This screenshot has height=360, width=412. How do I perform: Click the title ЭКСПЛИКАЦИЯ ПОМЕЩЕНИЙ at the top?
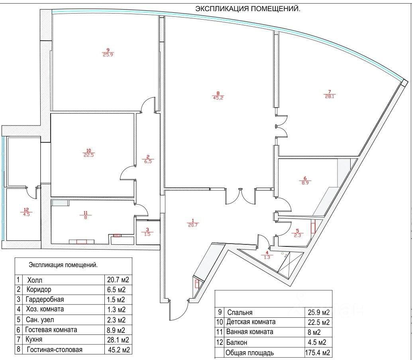pyautogui.click(x=248, y=9)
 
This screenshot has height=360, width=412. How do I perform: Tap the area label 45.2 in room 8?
pyautogui.click(x=218, y=98)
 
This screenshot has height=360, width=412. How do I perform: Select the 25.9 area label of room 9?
pyautogui.click(x=108, y=55)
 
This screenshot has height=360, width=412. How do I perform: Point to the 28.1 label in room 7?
pyautogui.click(x=329, y=96)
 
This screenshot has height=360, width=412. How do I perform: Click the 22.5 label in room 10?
pyautogui.click(x=89, y=155)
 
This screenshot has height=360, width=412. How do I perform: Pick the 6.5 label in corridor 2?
pyautogui.click(x=148, y=161)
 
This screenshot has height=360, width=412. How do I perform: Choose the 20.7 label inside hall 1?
pyautogui.click(x=192, y=225)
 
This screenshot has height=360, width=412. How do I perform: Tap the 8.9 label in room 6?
pyautogui.click(x=305, y=183)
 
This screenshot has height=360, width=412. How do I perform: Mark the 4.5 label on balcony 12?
pyautogui.click(x=26, y=214)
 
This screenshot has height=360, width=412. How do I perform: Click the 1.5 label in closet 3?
pyautogui.click(x=147, y=234)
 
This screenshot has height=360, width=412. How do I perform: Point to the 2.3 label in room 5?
pyautogui.click(x=297, y=235)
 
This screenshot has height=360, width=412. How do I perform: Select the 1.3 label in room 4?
pyautogui.click(x=267, y=257)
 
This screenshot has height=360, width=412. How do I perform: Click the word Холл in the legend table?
pyautogui.click(x=35, y=280)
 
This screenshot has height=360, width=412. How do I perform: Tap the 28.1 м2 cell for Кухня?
pyautogui.click(x=118, y=340)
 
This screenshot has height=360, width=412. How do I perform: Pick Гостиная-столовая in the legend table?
pyautogui.click(x=55, y=350)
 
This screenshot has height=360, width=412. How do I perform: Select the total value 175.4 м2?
pyautogui.click(x=318, y=352)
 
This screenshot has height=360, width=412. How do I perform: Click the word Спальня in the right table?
pyautogui.click(x=239, y=313)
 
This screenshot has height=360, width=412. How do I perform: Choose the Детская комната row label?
pyautogui.click(x=251, y=322)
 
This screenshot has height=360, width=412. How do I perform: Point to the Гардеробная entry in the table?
pyautogui.click(x=45, y=299)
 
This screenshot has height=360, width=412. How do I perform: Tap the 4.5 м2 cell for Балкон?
pyautogui.click(x=317, y=342)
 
